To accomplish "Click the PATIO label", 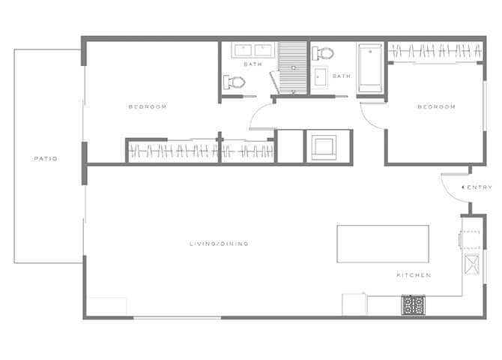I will pyautogui.click(x=46, y=158).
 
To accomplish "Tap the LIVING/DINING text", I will pyautogui.click(x=219, y=244).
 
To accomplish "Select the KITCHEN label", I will pyautogui.click(x=414, y=275).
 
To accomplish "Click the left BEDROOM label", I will pyautogui.click(x=147, y=106).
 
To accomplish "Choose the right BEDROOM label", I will pyautogui.click(x=436, y=106).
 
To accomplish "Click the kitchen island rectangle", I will pyautogui.click(x=382, y=243).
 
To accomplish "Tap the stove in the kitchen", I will pyautogui.click(x=413, y=304).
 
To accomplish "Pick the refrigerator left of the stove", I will pyautogui.click(x=354, y=304).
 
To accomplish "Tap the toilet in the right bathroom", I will pyautogui.click(x=322, y=53).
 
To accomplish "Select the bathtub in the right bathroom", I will pyautogui.click(x=371, y=69).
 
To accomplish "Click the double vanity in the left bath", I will pyautogui.click(x=252, y=50).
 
